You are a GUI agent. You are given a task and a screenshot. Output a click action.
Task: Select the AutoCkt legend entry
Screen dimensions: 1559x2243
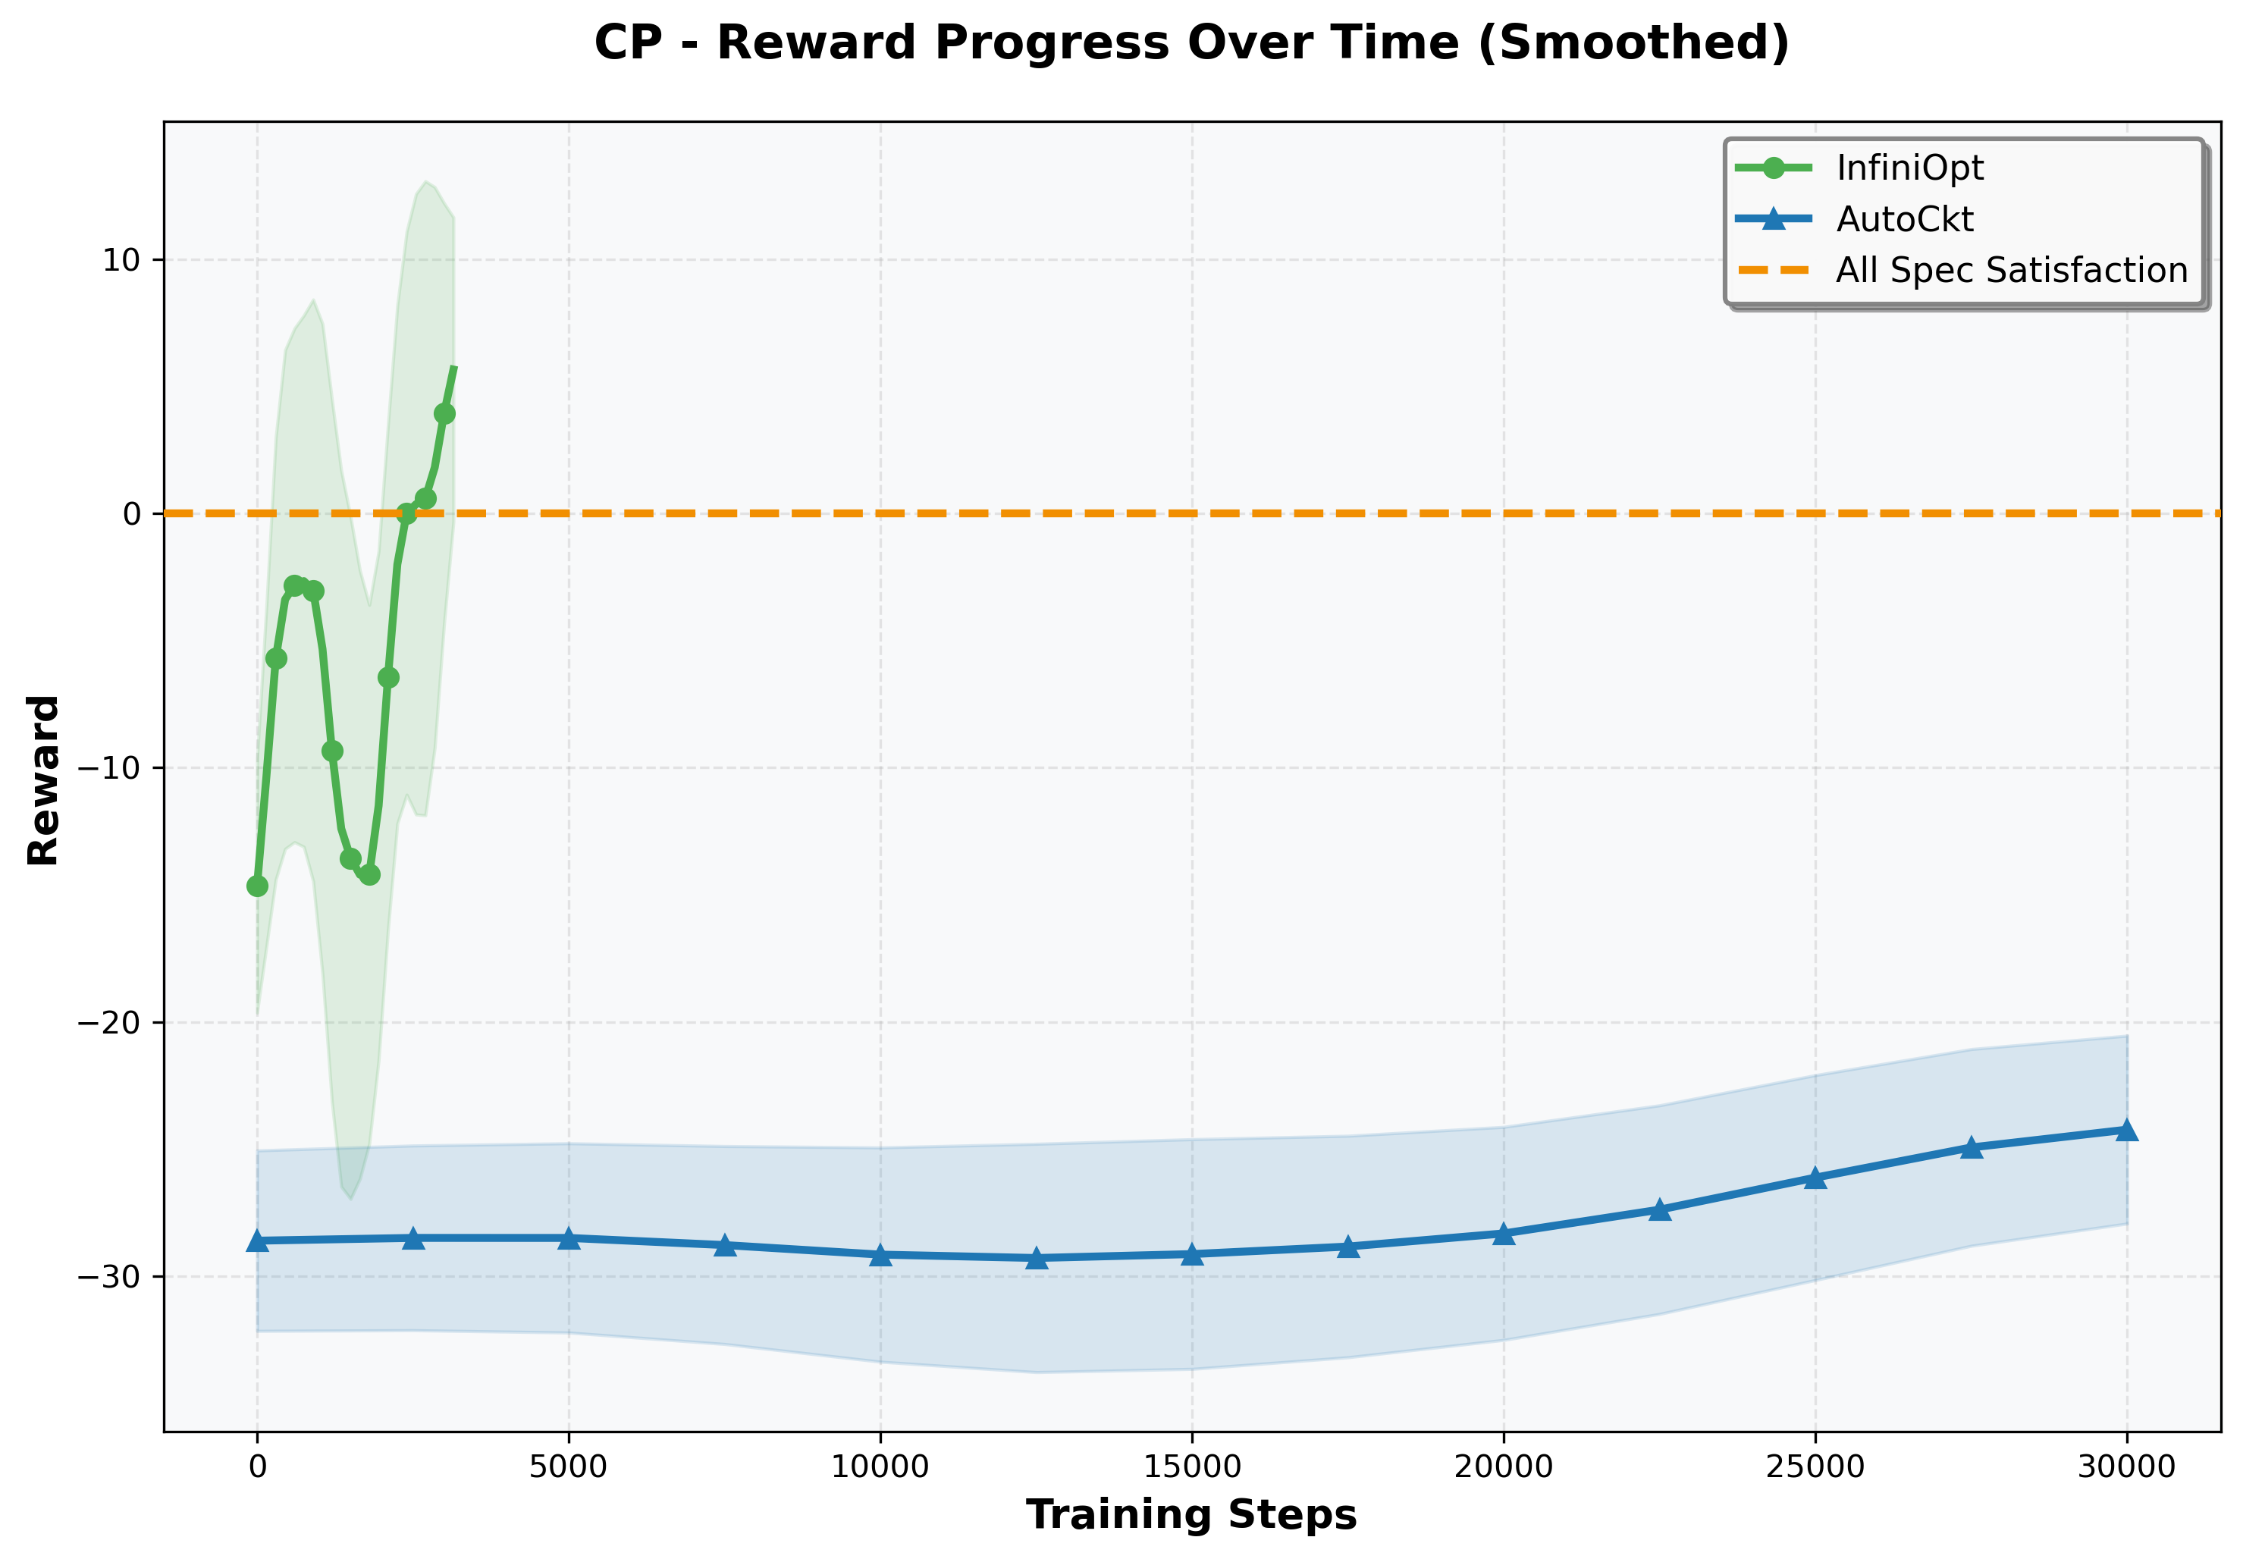coord(1904,220)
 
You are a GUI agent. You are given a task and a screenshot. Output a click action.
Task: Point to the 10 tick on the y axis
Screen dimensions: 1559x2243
coord(119,261)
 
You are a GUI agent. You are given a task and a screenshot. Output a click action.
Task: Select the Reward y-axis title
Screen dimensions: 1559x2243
coord(44,780)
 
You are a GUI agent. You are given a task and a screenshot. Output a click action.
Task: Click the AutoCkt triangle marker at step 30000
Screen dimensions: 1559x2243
coord(2127,1130)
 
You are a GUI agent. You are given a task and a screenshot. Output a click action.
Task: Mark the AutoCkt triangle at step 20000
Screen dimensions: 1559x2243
coord(1504,1234)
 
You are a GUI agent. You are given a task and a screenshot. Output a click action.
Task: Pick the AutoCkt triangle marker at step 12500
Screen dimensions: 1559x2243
coord(1037,1258)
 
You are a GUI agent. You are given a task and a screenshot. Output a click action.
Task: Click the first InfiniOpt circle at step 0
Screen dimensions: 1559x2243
coord(257,886)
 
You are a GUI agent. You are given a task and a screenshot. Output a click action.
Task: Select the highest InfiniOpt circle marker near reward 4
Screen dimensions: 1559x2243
coord(444,414)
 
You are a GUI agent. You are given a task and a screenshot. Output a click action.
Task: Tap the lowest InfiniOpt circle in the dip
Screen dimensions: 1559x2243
coord(369,874)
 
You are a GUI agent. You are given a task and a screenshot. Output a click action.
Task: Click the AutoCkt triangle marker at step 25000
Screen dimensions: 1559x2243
coord(1815,1178)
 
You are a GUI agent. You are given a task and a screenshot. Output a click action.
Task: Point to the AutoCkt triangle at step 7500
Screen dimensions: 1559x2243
coord(725,1245)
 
